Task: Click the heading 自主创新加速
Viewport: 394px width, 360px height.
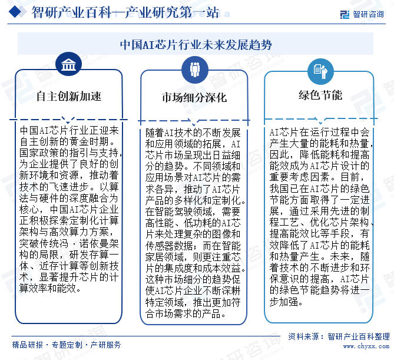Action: point(68,96)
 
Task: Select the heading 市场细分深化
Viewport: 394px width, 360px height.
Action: point(194,98)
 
